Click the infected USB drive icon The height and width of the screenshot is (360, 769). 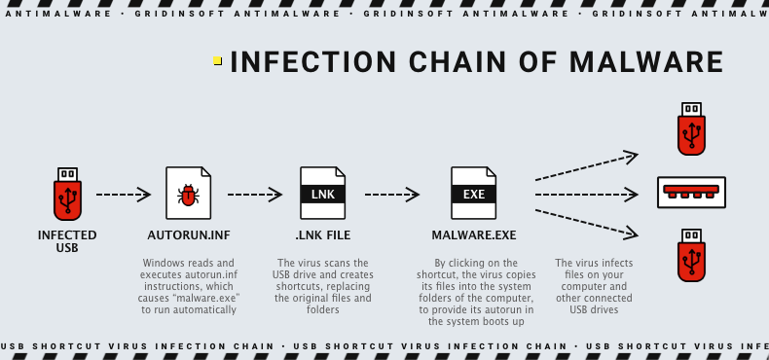[x=67, y=195]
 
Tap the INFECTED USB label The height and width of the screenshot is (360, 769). [x=67, y=240]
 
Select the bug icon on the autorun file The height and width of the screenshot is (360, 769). [x=188, y=195]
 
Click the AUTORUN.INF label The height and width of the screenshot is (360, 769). [x=188, y=235]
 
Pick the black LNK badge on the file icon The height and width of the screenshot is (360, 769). [x=322, y=195]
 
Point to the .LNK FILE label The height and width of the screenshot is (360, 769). [x=322, y=235]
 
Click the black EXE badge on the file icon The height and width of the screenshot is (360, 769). [x=473, y=195]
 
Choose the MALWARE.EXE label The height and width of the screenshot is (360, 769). [x=473, y=235]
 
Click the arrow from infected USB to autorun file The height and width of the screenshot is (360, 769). [x=124, y=195]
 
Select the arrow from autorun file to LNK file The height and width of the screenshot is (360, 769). [x=255, y=195]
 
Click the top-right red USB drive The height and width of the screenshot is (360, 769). [x=691, y=128]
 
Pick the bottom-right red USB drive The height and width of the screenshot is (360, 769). [x=691, y=255]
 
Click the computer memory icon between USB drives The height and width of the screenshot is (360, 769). [x=691, y=190]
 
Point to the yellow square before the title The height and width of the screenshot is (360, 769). [x=217, y=61]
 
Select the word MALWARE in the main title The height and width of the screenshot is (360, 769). [x=649, y=61]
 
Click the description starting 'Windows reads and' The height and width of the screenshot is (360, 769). [x=188, y=286]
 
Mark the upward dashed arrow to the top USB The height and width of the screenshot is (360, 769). [x=586, y=165]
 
